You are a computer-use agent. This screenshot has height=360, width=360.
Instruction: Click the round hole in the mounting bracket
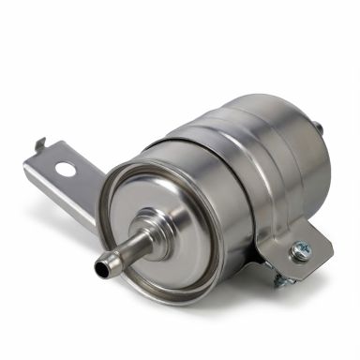pos(67,171)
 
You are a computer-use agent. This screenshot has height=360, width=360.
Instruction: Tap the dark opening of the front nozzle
pos(100,268)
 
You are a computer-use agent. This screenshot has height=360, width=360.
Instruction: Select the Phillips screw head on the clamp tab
pos(301,249)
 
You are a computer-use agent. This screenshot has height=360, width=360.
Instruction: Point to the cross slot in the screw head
pos(301,249)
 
